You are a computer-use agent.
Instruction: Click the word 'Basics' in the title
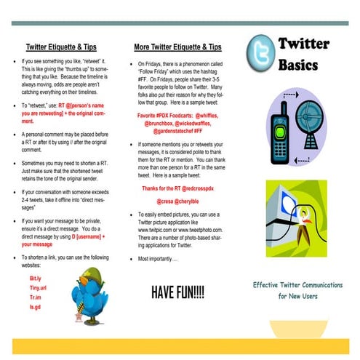coord(298,65)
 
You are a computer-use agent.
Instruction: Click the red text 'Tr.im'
coord(36,297)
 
